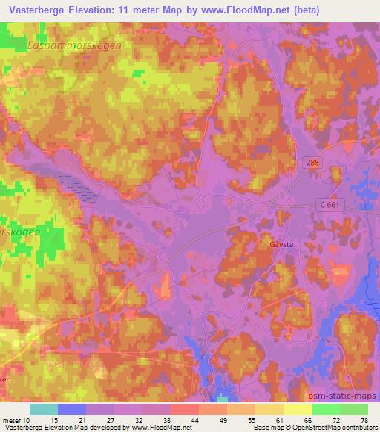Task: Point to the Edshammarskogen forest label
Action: (x=73, y=45)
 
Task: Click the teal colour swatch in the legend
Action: (x=44, y=409)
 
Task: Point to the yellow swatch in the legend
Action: (x=298, y=409)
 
